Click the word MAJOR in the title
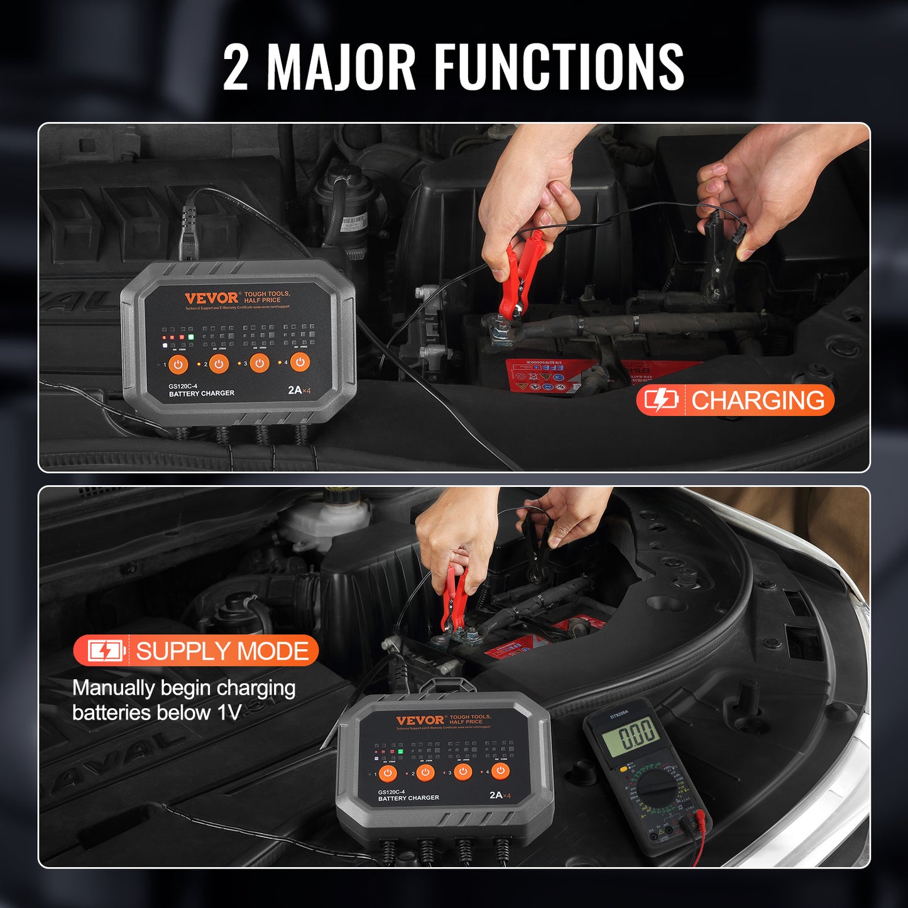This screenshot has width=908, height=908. [x=341, y=66]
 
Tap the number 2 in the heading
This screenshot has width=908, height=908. [x=236, y=67]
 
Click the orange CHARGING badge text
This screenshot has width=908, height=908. [x=757, y=400]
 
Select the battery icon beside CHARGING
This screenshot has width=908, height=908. [x=660, y=400]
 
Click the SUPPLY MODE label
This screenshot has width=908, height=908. [x=222, y=652]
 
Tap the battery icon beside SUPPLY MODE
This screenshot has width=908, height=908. [x=105, y=652]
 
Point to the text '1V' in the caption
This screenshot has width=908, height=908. [x=229, y=713]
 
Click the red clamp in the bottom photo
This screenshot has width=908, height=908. [x=453, y=597]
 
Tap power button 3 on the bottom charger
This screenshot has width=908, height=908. [x=463, y=772]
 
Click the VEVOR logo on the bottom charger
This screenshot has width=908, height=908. [x=420, y=720]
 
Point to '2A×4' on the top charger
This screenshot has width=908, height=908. [x=299, y=390]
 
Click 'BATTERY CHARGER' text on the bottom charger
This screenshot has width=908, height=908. [x=408, y=798]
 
